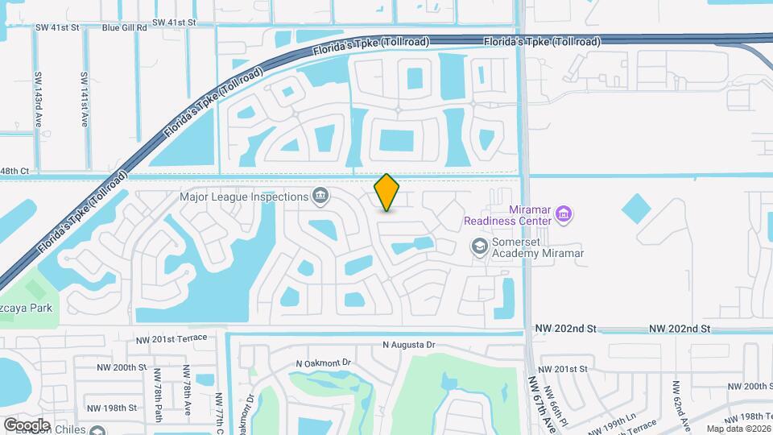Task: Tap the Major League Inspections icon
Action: click(320, 196)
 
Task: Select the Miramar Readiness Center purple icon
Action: click(564, 214)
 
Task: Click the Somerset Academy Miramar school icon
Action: click(480, 246)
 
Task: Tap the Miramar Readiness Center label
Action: click(508, 214)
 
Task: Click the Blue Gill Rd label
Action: click(125, 27)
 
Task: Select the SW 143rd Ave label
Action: click(38, 99)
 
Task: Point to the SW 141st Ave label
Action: click(84, 99)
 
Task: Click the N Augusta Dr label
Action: click(409, 345)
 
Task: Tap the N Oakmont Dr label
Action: click(324, 362)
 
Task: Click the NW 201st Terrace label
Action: click(172, 338)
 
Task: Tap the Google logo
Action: click(27, 425)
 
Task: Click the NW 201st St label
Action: click(562, 369)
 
